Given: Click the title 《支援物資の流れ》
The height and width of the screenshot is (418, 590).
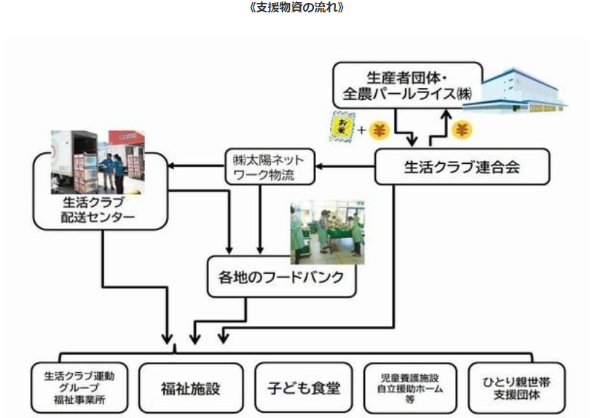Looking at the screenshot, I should pyautogui.click(x=295, y=8).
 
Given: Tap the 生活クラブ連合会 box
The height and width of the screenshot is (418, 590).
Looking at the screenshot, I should pyautogui.click(x=452, y=167).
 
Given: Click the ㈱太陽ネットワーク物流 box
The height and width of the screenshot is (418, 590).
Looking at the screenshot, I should pyautogui.click(x=269, y=167).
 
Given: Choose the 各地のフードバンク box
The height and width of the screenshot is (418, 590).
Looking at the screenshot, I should pyautogui.click(x=282, y=277).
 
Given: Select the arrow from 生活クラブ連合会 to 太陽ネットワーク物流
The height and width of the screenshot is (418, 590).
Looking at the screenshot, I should pyautogui.click(x=345, y=167).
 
